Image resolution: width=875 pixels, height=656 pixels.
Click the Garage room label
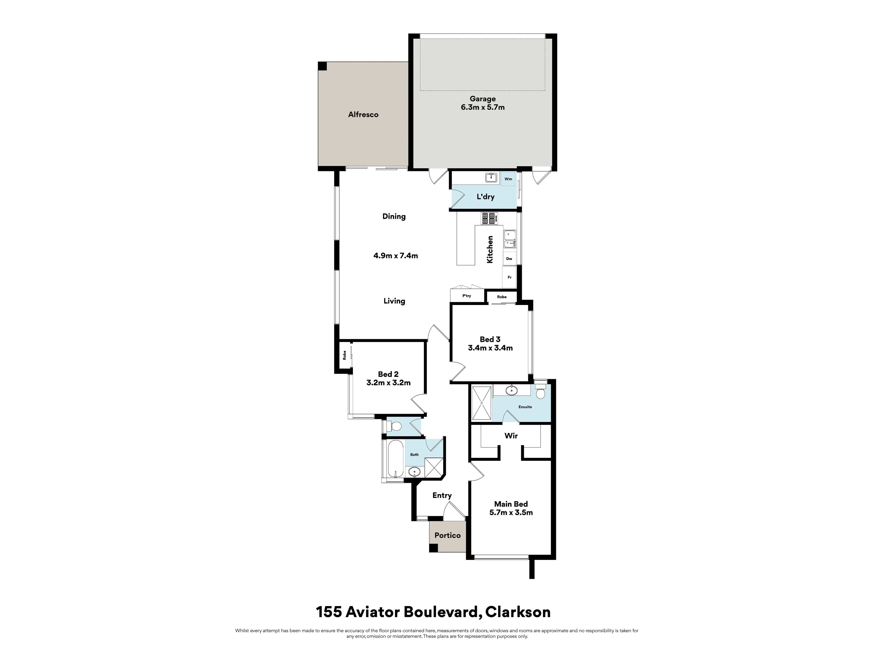[483, 99]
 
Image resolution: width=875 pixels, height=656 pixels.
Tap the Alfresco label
[363, 115]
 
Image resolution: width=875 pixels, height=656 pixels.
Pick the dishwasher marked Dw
[509, 259]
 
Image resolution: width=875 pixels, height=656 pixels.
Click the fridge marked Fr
[510, 277]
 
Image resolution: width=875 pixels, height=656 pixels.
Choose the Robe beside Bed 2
[345, 355]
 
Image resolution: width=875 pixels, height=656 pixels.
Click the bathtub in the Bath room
[395, 460]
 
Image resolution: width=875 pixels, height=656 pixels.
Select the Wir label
[511, 436]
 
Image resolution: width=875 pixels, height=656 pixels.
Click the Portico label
[447, 536]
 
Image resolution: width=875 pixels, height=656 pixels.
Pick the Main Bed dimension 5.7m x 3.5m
[511, 512]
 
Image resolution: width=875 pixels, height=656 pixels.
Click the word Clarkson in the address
[518, 612]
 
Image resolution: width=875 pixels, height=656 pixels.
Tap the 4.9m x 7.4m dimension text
[396, 256]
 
